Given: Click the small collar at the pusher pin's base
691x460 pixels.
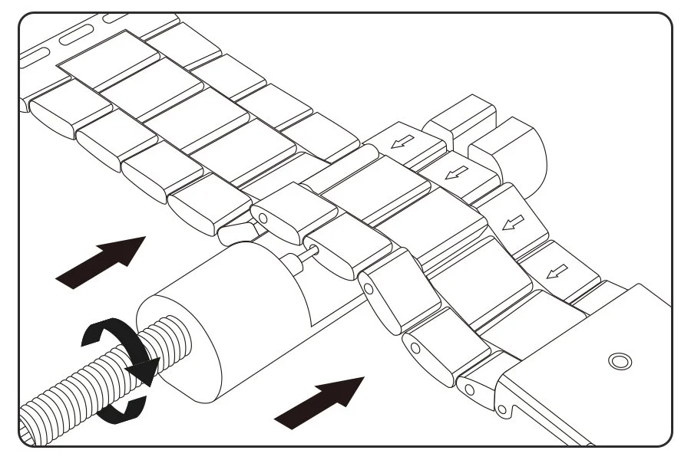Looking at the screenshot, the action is point(293,262).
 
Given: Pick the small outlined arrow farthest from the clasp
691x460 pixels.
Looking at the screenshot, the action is point(402,141).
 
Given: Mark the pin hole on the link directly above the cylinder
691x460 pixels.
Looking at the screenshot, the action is point(262,218).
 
